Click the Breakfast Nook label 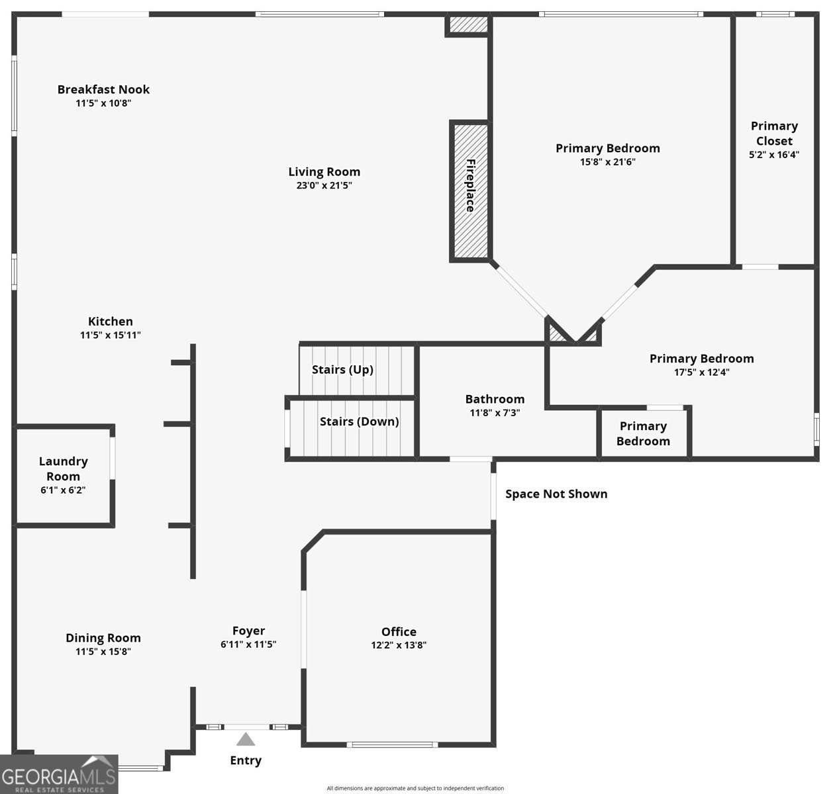103,89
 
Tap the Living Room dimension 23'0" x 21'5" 324,185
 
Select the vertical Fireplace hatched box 471,191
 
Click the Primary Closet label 774,133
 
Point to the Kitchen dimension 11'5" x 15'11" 110,335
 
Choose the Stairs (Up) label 342,369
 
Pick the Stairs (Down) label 359,421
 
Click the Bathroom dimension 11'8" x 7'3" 495,413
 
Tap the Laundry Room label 63,468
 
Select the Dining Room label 103,638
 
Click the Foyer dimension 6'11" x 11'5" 248,644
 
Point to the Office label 399,631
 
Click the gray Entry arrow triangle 246,740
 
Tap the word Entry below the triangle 246,760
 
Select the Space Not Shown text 556,494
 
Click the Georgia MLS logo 59,774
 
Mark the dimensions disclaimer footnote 415,788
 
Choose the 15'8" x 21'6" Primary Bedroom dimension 607,161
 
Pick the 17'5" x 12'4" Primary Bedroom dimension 702,372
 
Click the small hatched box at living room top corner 468,24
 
